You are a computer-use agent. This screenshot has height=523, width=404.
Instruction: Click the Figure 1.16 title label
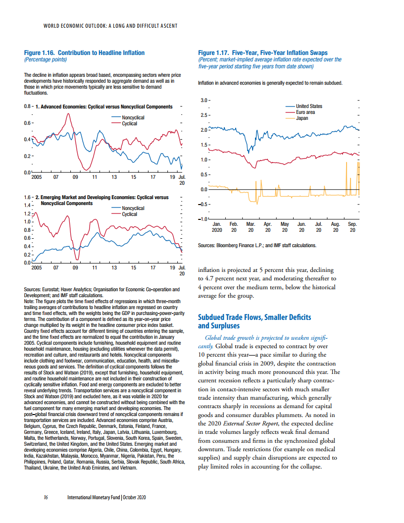coord(84,52)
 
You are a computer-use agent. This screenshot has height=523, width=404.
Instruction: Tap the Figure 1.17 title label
coord(263,52)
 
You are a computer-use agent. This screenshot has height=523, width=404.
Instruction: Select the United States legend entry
coord(304,106)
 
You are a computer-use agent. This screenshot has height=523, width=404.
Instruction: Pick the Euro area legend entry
coord(301,112)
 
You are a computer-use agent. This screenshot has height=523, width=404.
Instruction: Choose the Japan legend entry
coord(297,118)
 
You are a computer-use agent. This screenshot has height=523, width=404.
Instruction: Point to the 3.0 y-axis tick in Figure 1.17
coord(203,100)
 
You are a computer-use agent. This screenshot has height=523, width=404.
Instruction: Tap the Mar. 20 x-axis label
coord(251,227)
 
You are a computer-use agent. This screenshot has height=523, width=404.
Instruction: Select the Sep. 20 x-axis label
coord(353,227)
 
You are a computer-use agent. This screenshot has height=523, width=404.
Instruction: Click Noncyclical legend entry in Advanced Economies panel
coord(128,117)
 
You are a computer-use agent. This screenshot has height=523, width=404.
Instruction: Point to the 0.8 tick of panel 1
coord(27,106)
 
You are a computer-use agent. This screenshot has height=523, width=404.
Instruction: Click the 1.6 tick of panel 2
coord(27,197)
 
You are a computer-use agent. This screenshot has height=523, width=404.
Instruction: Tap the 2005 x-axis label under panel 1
coord(36,177)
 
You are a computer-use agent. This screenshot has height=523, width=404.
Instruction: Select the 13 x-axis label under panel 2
coord(114,267)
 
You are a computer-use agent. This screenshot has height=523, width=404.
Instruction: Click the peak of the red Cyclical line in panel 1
coord(68,114)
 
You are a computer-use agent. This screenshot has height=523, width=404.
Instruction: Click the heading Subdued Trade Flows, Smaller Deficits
coord(254,317)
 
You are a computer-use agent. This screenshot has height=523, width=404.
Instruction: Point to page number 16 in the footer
coord(46,497)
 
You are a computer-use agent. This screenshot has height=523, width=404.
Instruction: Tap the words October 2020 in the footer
coord(134,497)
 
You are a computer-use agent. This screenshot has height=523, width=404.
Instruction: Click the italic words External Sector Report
coord(251,423)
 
